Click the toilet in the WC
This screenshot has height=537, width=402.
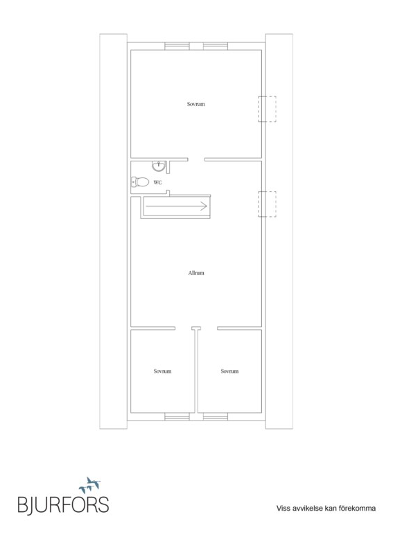point(140,182)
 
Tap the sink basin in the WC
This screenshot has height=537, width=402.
point(159,166)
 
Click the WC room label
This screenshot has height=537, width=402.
point(157,182)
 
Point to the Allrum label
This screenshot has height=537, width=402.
point(196,273)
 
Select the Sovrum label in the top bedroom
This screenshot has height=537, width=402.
point(195,104)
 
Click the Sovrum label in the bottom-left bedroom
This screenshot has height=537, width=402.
point(162,371)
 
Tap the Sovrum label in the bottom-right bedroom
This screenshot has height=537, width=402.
point(229,371)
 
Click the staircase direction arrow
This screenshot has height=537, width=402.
point(177,206)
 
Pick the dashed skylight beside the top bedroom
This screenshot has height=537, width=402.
point(268,109)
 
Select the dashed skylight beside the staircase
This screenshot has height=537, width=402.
point(268,204)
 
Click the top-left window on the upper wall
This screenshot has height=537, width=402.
point(177,46)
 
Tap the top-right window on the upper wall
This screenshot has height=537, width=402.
point(216,46)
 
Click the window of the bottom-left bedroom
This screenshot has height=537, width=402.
point(177,416)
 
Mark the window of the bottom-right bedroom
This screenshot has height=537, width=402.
point(216,416)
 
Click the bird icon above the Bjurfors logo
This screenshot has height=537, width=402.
point(90,484)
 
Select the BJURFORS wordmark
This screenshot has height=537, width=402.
point(63,505)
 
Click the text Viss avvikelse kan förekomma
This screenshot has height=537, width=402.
point(326,508)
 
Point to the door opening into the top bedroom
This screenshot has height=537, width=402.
point(196,159)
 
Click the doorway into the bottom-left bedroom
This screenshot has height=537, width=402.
point(184,328)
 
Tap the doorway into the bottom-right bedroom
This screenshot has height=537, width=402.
point(209,328)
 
